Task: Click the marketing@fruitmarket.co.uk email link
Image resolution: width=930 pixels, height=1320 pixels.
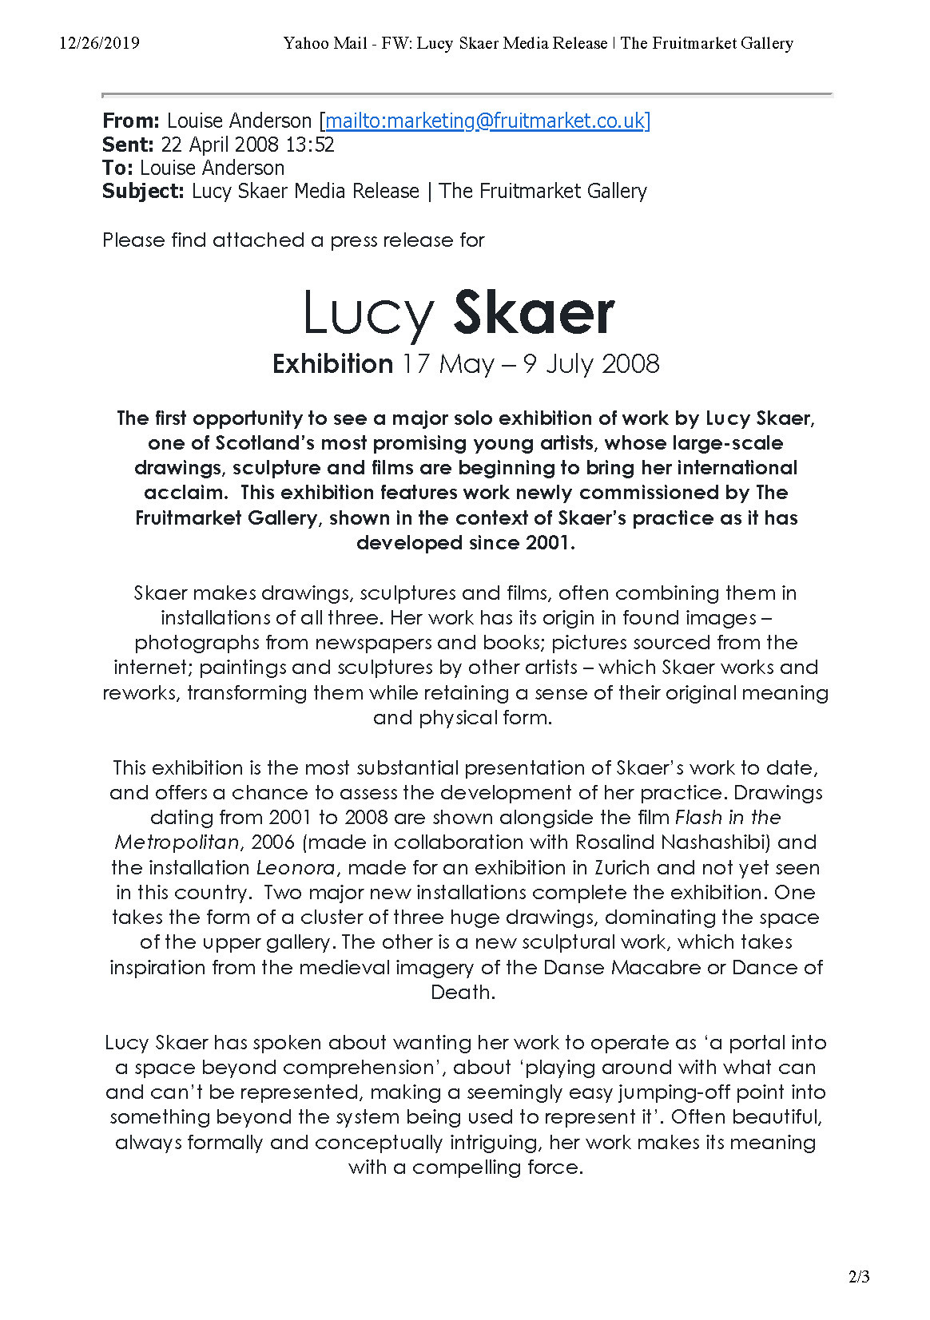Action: tap(487, 121)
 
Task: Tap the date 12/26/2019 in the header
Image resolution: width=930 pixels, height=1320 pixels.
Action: tap(99, 43)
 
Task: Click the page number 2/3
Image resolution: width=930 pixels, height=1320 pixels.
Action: tap(860, 1277)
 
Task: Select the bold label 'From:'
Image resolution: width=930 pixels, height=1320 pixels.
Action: tap(131, 121)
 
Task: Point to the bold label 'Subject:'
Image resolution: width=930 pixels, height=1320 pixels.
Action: tap(144, 191)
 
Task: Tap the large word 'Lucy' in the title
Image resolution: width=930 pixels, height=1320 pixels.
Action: tap(368, 314)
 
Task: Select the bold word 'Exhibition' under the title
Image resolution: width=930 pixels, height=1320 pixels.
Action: tap(332, 364)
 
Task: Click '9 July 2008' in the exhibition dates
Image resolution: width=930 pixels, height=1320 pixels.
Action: tap(591, 364)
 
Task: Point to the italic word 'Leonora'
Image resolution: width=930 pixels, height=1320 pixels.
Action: tap(295, 867)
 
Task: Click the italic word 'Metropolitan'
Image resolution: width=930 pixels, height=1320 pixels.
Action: tap(177, 842)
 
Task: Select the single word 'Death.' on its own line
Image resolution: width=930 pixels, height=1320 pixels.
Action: tap(463, 992)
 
